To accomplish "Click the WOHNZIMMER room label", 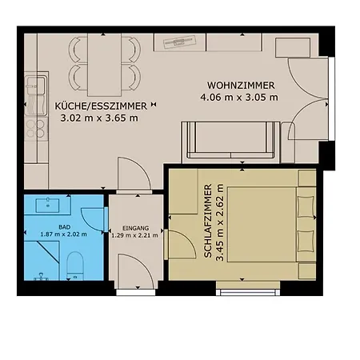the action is click(x=241, y=86).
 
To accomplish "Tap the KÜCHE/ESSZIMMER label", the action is click(x=101, y=106).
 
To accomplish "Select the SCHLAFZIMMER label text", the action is click(x=208, y=221).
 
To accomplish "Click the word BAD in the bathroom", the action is click(x=65, y=227).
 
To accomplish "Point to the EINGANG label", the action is click(x=135, y=228).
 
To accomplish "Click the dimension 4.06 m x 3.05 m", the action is click(x=239, y=97).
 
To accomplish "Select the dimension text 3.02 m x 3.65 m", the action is click(x=99, y=118).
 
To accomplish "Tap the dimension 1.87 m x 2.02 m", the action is click(x=63, y=234).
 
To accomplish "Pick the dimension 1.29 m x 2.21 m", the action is click(x=134, y=235).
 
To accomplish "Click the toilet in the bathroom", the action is click(x=75, y=266).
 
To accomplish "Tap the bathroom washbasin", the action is click(x=48, y=205).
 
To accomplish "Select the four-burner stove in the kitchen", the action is click(x=36, y=129).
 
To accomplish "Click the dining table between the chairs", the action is click(x=104, y=65).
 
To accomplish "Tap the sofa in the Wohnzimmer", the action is click(x=230, y=142).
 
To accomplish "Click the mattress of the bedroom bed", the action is click(x=262, y=224).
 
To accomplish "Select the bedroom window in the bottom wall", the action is click(x=248, y=292).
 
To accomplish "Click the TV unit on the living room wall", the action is click(x=180, y=42).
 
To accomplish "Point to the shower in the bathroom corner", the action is click(x=42, y=260).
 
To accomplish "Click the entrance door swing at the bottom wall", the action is click(x=134, y=271).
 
